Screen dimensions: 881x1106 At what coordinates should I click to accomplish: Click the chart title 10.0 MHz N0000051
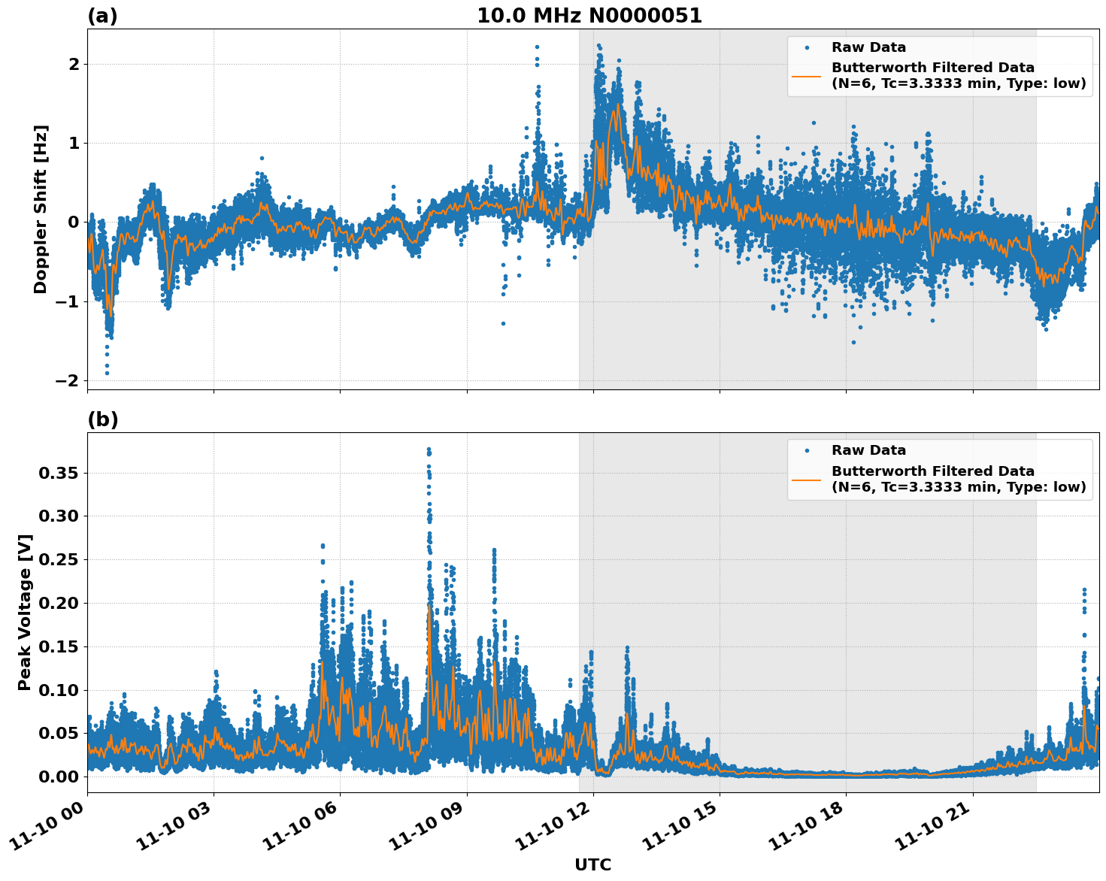coord(589,16)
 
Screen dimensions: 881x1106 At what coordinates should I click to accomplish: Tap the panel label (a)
coord(102,16)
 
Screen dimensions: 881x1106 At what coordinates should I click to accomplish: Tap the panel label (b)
coord(102,419)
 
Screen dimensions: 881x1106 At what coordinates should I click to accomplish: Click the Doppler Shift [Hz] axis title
coord(41,209)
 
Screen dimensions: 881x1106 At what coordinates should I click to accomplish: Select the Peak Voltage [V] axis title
coord(25,612)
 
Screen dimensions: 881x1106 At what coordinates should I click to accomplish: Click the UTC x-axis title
coord(592,864)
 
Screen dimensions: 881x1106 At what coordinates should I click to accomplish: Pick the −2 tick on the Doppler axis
coord(67,380)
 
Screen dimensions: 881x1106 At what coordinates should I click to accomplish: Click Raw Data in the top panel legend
coord(868,47)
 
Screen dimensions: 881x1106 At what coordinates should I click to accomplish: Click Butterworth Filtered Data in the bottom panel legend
coord(932,471)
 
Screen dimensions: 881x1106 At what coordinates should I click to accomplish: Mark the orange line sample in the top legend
coord(806,75)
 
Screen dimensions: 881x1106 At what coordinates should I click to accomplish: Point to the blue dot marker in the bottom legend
coord(806,450)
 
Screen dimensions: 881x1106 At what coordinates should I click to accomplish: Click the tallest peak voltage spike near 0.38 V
coord(429,450)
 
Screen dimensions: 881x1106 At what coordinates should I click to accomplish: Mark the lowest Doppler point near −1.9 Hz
coord(107,373)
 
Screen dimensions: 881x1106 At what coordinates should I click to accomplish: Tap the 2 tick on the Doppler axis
coord(74,64)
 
